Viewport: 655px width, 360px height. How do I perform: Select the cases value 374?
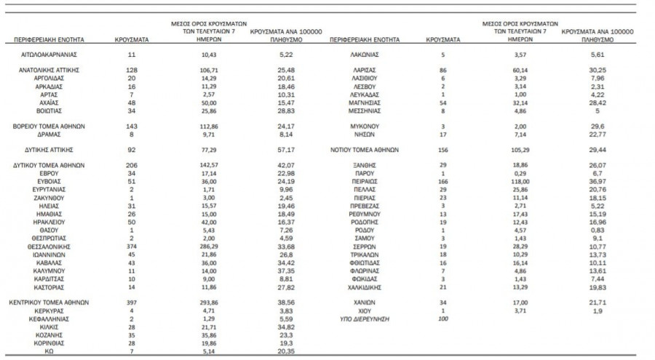pos(132,246)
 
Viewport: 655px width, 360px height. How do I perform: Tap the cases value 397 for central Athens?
pos(132,301)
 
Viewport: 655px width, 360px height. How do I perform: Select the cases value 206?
pos(132,164)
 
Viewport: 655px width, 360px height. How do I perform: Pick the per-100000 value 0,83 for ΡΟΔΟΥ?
pos(589,228)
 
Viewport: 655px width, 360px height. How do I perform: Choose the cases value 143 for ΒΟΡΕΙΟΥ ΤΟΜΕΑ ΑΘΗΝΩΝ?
pos(132,125)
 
